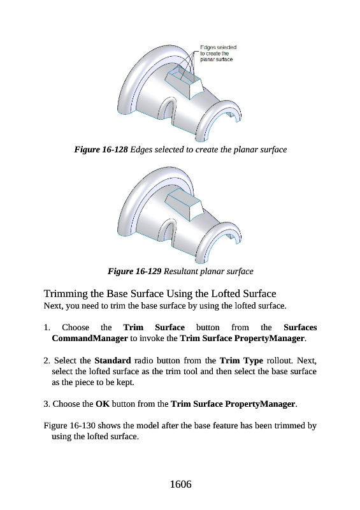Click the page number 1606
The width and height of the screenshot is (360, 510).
[x=180, y=484]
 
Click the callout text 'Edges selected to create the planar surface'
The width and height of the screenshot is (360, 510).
[x=218, y=54]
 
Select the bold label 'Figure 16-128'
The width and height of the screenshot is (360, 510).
[x=101, y=150]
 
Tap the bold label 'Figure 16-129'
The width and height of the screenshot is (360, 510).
[x=134, y=272]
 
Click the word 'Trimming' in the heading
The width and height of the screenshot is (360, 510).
[x=66, y=294]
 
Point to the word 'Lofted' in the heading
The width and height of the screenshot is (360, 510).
[x=227, y=294]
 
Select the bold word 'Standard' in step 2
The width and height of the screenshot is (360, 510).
[x=113, y=360]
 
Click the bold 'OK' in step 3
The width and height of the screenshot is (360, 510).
[x=103, y=404]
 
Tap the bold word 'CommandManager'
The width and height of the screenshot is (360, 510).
[x=90, y=339]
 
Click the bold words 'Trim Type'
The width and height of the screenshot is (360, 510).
[x=241, y=361]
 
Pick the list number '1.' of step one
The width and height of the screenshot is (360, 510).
[x=47, y=327]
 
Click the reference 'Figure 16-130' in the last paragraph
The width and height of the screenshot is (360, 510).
[x=69, y=426]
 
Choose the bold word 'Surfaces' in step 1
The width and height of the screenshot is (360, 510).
[x=300, y=327]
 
